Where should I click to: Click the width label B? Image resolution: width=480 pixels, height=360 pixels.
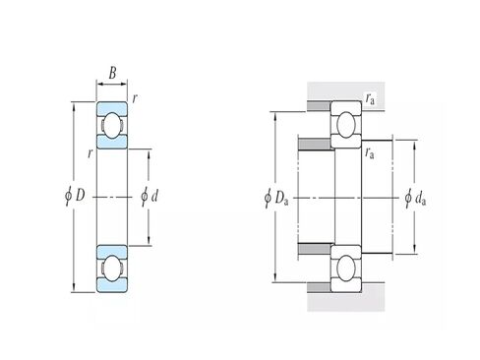[x=112, y=73]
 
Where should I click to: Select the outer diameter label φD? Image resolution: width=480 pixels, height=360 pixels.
[x=75, y=196]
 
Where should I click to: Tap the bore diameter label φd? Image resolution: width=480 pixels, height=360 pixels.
[x=150, y=196]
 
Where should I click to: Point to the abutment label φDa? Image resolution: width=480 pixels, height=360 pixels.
[x=276, y=198]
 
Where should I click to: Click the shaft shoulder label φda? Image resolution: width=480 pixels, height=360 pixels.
[x=415, y=198]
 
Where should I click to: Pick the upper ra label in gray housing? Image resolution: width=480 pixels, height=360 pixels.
[x=370, y=98]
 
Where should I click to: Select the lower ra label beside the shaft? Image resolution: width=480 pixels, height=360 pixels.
[x=370, y=152]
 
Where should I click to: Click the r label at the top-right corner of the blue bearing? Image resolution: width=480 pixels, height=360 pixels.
[x=135, y=98]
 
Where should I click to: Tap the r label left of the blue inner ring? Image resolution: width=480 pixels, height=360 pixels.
[x=90, y=152]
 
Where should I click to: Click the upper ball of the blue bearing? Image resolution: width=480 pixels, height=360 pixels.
[x=112, y=125]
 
